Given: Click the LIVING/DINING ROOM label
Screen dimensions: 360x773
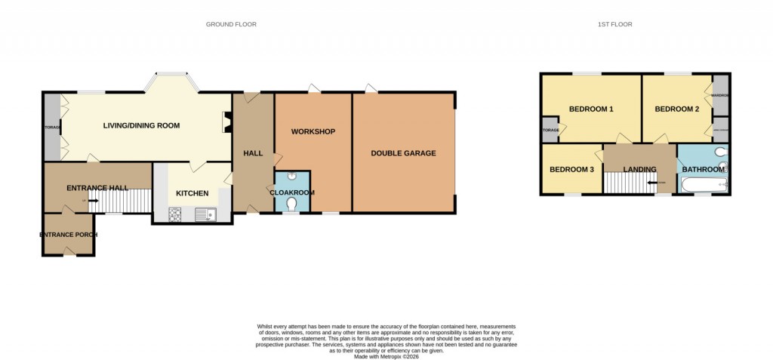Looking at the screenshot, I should pos(141,125).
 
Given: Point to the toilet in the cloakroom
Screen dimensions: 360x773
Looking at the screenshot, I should pos(291,203).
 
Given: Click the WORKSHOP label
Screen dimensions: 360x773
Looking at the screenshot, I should pos(313,132).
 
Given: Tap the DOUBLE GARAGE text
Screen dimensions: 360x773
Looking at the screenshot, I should pos(403,153).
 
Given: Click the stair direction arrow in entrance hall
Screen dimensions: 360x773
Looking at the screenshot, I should pos(93,201).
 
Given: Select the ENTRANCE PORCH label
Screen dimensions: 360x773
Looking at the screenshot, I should pos(68,235).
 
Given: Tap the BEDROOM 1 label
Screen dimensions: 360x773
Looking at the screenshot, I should pos(590,109).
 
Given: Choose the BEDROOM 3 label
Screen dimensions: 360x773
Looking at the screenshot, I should pos(571,169).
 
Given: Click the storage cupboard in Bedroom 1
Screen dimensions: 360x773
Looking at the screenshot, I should pos(550,130).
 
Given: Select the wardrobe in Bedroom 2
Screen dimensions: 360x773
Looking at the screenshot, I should pos(720,94).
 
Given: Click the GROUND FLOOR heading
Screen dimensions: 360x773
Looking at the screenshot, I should pos(231,24).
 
